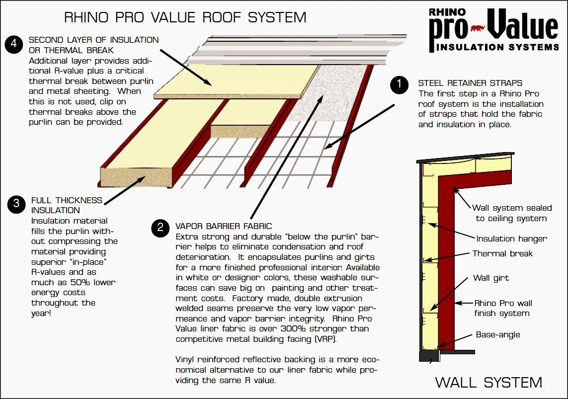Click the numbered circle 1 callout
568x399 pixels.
click(399, 85)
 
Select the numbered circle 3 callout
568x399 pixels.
click(16, 203)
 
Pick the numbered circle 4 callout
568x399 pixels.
click(14, 44)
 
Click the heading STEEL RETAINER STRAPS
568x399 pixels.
click(470, 83)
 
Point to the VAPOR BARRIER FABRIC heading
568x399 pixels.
click(224, 227)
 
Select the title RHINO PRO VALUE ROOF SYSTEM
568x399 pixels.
click(185, 18)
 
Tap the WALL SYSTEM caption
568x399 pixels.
click(488, 382)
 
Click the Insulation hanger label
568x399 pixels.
click(511, 239)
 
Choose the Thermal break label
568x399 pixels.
click(502, 253)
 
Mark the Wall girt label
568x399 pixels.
click(491, 278)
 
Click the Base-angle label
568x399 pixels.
click(498, 334)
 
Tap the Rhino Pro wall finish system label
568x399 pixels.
click(502, 308)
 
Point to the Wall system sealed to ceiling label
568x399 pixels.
click(511, 213)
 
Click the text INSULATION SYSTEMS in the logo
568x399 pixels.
click(497, 47)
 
